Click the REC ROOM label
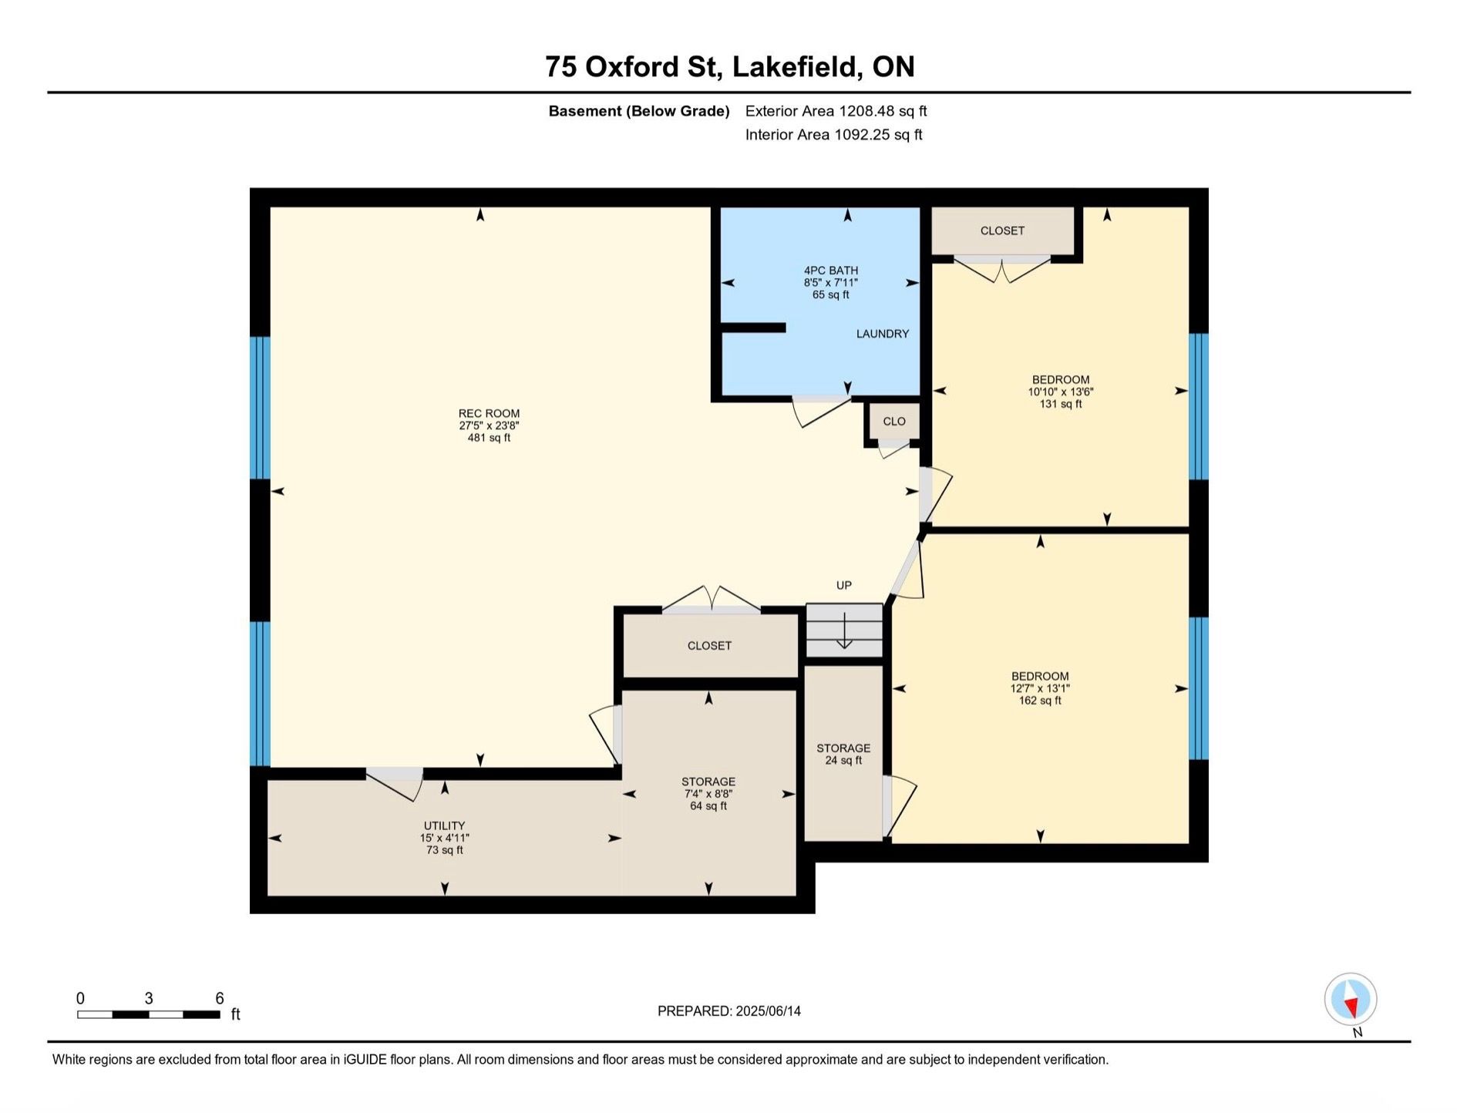[x=489, y=413]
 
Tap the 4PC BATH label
[x=830, y=271]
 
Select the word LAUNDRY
[x=883, y=334]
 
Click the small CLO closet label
[x=894, y=422]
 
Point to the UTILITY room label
[x=444, y=826]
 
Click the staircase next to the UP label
[x=844, y=630]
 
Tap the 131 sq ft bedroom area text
[x=1061, y=404]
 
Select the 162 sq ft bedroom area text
[x=1040, y=701]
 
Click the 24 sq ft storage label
[x=843, y=761]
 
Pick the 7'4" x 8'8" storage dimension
[x=708, y=794]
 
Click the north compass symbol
[x=1351, y=999]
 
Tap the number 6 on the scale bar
[x=220, y=998]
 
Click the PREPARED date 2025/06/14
[x=767, y=1011]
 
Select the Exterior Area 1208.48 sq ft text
[x=836, y=111]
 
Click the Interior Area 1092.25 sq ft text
[x=833, y=135]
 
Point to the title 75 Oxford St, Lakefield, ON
[x=729, y=66]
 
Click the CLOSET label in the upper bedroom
[x=1002, y=230]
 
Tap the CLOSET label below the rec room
[x=709, y=646]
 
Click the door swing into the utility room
[x=395, y=785]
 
